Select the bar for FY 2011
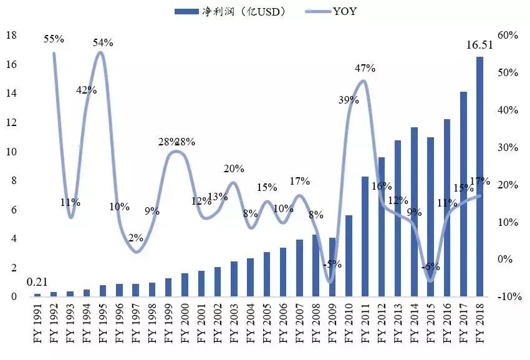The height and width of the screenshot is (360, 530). point(365,236)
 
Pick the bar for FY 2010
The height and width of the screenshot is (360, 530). point(349,256)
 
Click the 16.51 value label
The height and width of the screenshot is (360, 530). point(479,45)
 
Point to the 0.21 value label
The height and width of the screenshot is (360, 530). point(37,283)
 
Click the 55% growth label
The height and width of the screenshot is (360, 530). point(54,39)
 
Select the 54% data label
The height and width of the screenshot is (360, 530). point(103,42)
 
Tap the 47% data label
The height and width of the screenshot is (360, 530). point(364,68)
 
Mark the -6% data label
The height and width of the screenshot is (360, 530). point(430,266)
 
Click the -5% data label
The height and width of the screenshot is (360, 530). point(332,264)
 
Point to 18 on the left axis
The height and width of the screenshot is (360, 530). point(11,36)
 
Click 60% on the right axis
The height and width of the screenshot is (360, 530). point(509,36)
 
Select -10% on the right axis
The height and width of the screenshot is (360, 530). point(508,296)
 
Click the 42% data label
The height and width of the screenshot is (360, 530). point(86,90)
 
